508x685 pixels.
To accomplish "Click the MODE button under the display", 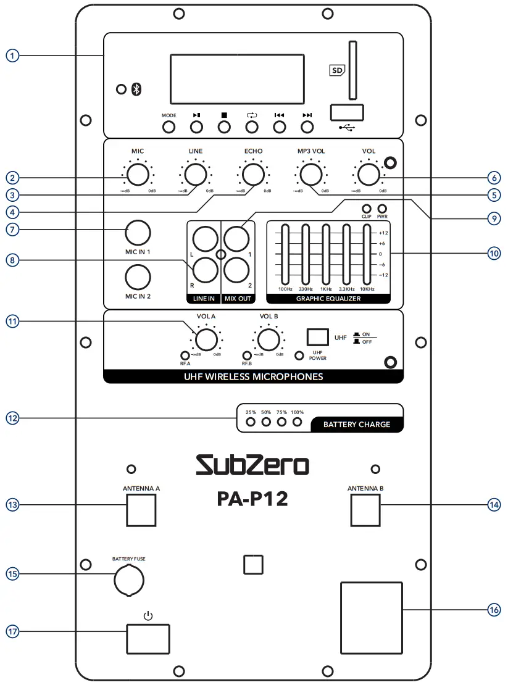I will (169, 127).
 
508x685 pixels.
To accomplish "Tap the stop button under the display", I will (224, 127).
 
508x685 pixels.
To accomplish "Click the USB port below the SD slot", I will (346, 112).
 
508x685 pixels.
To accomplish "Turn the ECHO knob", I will (252, 175).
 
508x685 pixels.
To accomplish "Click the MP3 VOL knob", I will (310, 175).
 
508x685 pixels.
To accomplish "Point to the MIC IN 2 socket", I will (138, 276).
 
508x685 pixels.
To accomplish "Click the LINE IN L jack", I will (204, 238).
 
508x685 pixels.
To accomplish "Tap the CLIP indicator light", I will (366, 209).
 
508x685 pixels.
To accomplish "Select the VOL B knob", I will (267, 339).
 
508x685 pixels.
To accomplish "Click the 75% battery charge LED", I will (281, 423).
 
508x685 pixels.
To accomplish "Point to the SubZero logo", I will (252, 465).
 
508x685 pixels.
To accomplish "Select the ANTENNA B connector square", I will (365, 509).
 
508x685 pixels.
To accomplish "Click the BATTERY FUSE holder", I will (128, 579).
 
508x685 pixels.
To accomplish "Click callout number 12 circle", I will (13, 418).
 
